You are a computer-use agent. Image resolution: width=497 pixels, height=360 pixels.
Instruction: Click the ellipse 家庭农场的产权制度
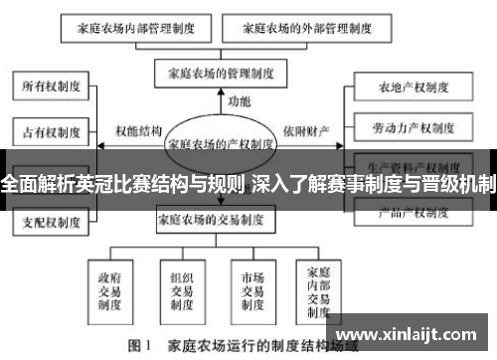(x=221, y=143)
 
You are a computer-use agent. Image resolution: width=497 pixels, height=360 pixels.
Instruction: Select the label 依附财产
(x=304, y=130)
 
